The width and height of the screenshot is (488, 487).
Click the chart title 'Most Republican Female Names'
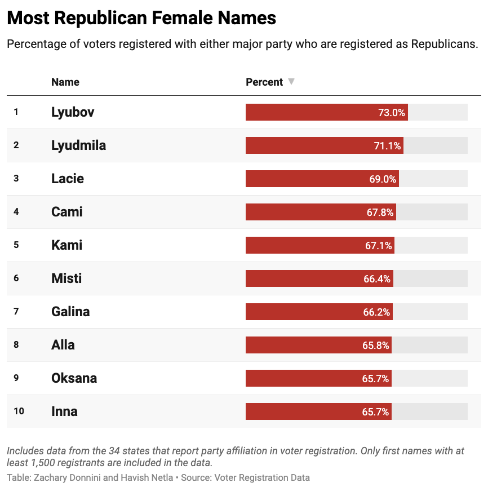pyautogui.click(x=141, y=18)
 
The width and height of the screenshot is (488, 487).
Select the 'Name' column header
pyautogui.click(x=65, y=82)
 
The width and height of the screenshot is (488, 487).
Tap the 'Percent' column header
pyautogui.click(x=264, y=82)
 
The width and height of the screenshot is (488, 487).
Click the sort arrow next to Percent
pyautogui.click(x=291, y=82)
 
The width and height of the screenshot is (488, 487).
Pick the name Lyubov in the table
pyautogui.click(x=73, y=112)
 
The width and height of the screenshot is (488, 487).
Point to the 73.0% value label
pyautogui.click(x=392, y=112)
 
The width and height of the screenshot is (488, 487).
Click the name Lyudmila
pyautogui.click(x=78, y=145)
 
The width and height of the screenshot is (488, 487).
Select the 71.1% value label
pyautogui.click(x=387, y=145)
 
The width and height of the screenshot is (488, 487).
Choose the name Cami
pyautogui.click(x=67, y=212)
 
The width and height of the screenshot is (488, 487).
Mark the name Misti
pyautogui.click(x=66, y=278)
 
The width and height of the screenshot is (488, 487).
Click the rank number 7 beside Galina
pyautogui.click(x=16, y=312)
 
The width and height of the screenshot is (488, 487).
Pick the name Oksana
pyautogui.click(x=74, y=378)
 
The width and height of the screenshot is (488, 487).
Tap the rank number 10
pyautogui.click(x=19, y=411)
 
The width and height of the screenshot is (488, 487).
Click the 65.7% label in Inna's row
pyautogui.click(x=375, y=411)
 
